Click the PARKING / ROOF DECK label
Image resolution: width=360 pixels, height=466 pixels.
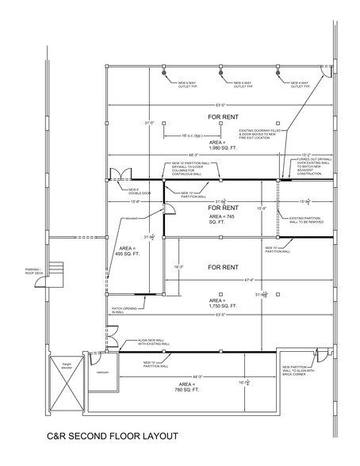(35, 270)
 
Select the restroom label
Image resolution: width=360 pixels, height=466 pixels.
(101, 372)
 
